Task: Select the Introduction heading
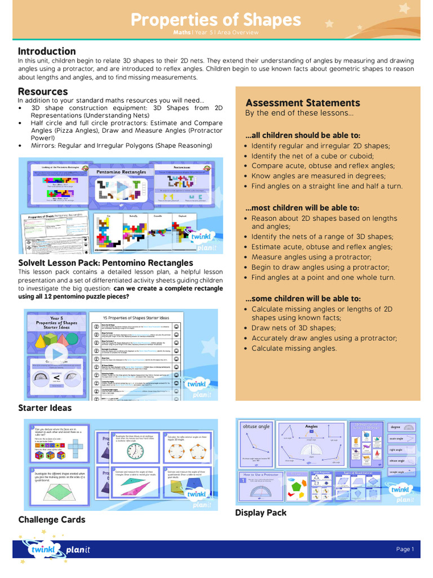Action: click(x=47, y=51)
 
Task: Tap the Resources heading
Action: click(x=43, y=91)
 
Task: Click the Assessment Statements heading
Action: click(x=303, y=103)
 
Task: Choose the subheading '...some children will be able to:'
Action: click(x=303, y=299)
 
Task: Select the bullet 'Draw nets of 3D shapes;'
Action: click(x=293, y=328)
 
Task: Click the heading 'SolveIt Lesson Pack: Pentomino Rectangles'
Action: click(x=105, y=263)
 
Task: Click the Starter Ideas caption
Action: click(x=45, y=408)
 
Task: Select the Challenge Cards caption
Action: click(x=52, y=519)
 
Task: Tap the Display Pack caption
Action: click(x=260, y=513)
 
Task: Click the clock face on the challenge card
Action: click(x=135, y=451)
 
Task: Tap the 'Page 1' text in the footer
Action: click(x=405, y=549)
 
